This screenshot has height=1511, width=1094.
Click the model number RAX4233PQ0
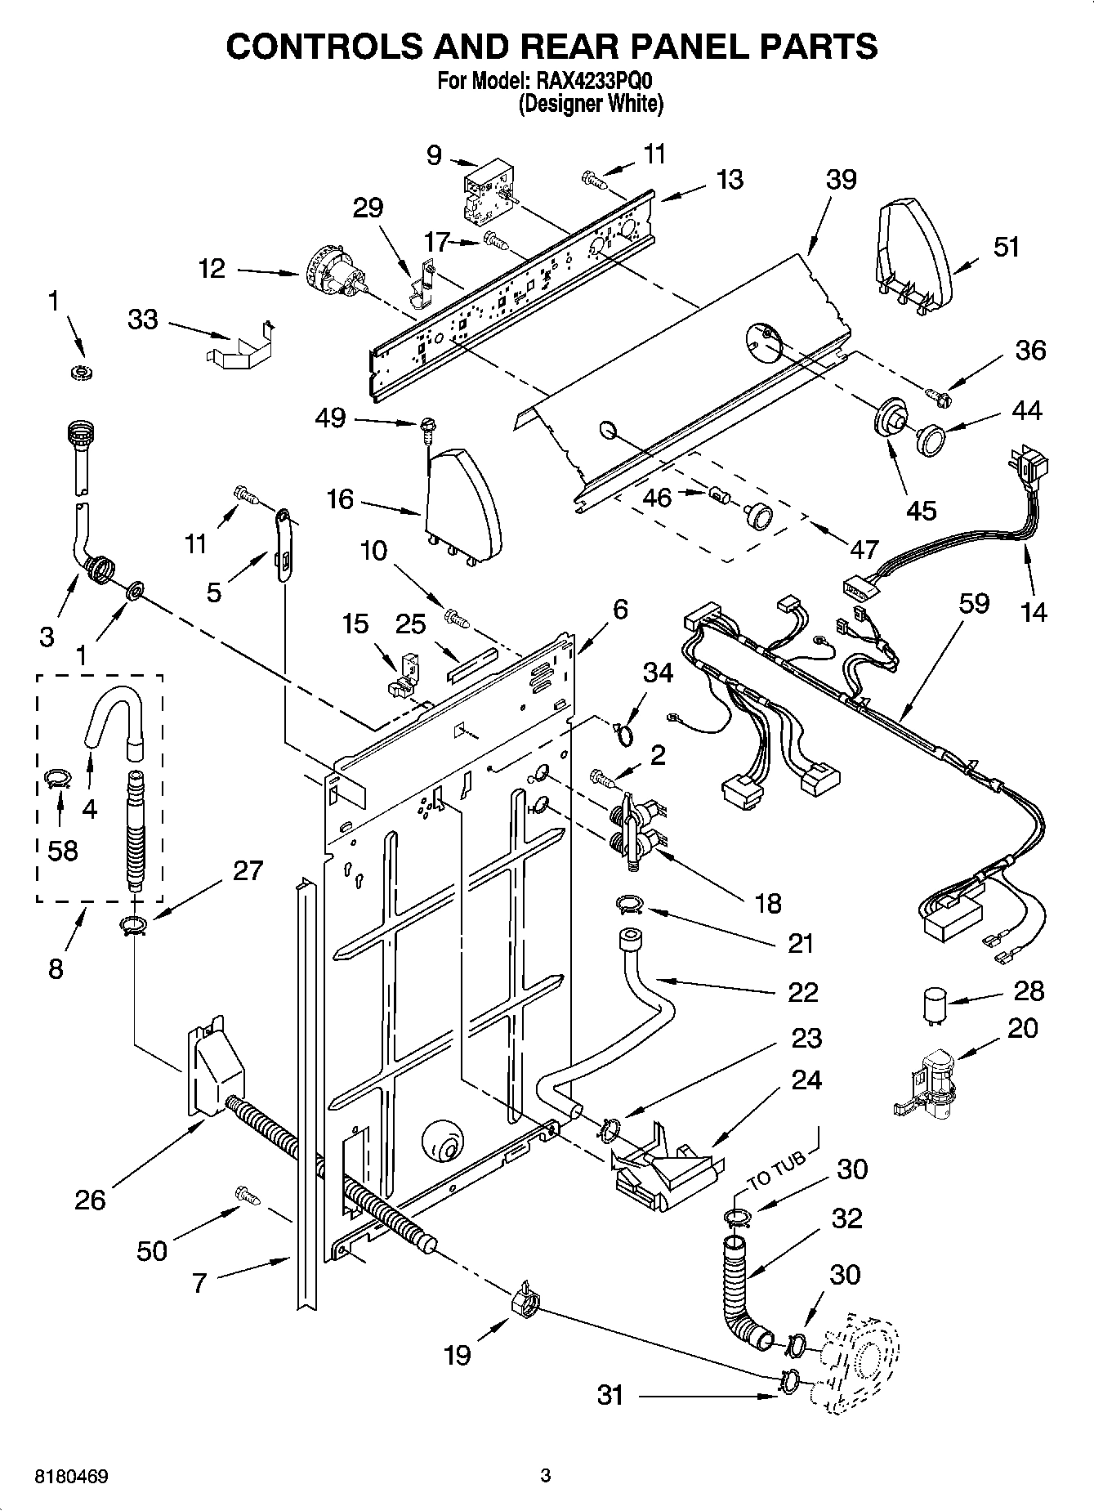(x=596, y=81)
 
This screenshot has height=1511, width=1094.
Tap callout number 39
(x=841, y=180)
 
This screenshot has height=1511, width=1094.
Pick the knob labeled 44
(x=930, y=439)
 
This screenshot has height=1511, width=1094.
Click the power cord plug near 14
(x=1030, y=470)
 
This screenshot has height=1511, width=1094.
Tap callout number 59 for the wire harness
(x=974, y=604)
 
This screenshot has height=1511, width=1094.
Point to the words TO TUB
(x=778, y=1170)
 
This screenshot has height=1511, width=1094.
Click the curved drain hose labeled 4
(x=111, y=714)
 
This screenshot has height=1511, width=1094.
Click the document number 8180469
(x=73, y=1477)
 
